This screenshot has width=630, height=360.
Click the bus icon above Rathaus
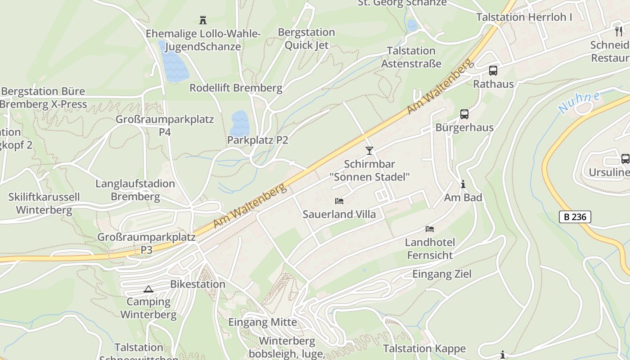(x=493, y=71)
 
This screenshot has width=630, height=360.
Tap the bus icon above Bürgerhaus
(x=464, y=114)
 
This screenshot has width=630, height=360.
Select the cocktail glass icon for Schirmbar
(x=369, y=150)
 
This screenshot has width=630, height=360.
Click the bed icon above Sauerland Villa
(x=339, y=201)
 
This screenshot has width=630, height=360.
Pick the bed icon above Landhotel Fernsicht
(x=430, y=229)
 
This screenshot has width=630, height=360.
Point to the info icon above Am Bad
(x=463, y=184)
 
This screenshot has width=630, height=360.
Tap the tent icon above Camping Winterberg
(x=148, y=289)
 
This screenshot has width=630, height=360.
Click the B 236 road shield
(x=575, y=217)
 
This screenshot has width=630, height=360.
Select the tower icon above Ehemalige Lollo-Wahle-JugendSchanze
(x=203, y=20)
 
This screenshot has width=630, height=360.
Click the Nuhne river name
(x=580, y=103)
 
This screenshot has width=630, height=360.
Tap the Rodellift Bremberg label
(x=236, y=88)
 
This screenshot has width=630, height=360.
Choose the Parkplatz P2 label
(x=257, y=140)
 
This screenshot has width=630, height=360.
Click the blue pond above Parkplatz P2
(x=239, y=122)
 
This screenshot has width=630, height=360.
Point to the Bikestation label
(x=198, y=284)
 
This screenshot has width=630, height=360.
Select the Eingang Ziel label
(x=442, y=274)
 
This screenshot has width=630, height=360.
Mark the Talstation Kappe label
(x=424, y=348)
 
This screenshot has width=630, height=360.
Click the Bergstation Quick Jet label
(x=306, y=39)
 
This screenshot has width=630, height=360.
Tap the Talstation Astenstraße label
(x=411, y=57)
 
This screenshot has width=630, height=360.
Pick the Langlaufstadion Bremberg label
(x=135, y=190)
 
